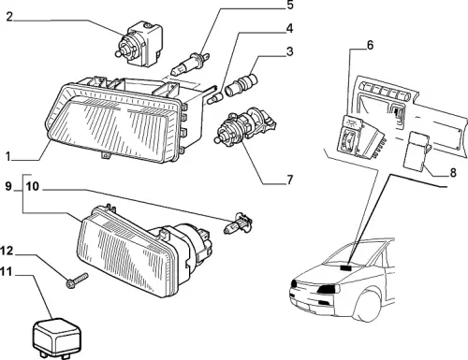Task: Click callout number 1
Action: click(8, 156)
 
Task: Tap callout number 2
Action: click(9, 17)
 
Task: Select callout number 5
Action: click(290, 5)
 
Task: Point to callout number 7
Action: click(290, 180)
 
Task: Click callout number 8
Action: click(453, 172)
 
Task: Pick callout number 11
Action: click(7, 272)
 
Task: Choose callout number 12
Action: click(7, 251)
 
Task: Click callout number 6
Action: click(370, 45)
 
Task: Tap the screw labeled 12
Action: click(77, 281)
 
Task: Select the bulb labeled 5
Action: click(190, 64)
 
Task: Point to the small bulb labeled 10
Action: click(238, 223)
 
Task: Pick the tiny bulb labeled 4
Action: click(215, 97)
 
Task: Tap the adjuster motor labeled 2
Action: click(139, 43)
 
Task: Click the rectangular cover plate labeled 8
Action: click(416, 150)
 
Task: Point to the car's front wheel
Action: click(368, 304)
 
